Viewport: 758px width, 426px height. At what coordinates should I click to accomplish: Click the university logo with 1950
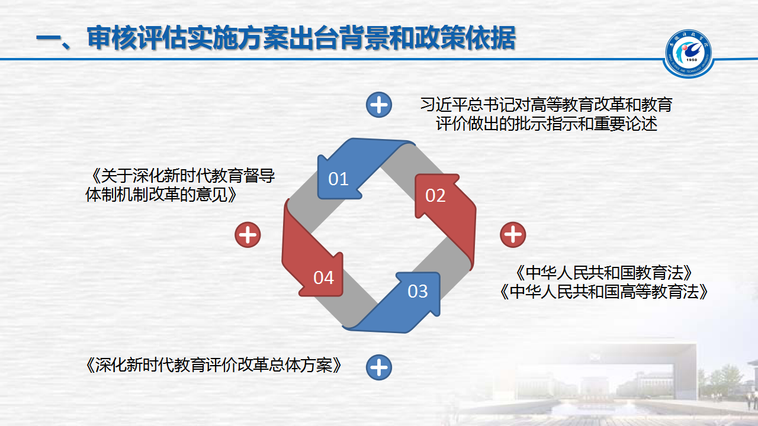tap(688, 53)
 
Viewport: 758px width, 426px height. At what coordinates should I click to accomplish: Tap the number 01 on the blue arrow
tap(338, 179)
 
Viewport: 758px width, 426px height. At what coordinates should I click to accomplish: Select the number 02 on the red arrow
tap(435, 195)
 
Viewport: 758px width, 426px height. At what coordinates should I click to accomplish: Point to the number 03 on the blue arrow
tap(417, 291)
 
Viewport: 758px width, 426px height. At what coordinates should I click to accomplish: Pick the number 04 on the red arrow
tap(323, 277)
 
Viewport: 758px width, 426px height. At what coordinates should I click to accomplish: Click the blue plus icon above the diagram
tap(379, 105)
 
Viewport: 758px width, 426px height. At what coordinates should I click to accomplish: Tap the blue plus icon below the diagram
tap(379, 367)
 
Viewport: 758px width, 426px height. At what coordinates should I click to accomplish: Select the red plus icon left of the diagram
tap(248, 235)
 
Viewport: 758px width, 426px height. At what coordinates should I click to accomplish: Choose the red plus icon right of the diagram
tap(513, 235)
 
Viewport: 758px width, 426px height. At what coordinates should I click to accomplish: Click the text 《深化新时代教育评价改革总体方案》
tap(214, 365)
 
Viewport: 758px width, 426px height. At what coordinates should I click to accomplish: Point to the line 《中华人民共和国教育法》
tap(603, 273)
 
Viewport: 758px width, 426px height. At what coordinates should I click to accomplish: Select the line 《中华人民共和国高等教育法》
tap(603, 292)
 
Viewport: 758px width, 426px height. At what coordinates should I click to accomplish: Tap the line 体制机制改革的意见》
tap(161, 195)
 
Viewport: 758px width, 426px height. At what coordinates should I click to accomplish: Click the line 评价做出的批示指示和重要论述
tap(547, 124)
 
